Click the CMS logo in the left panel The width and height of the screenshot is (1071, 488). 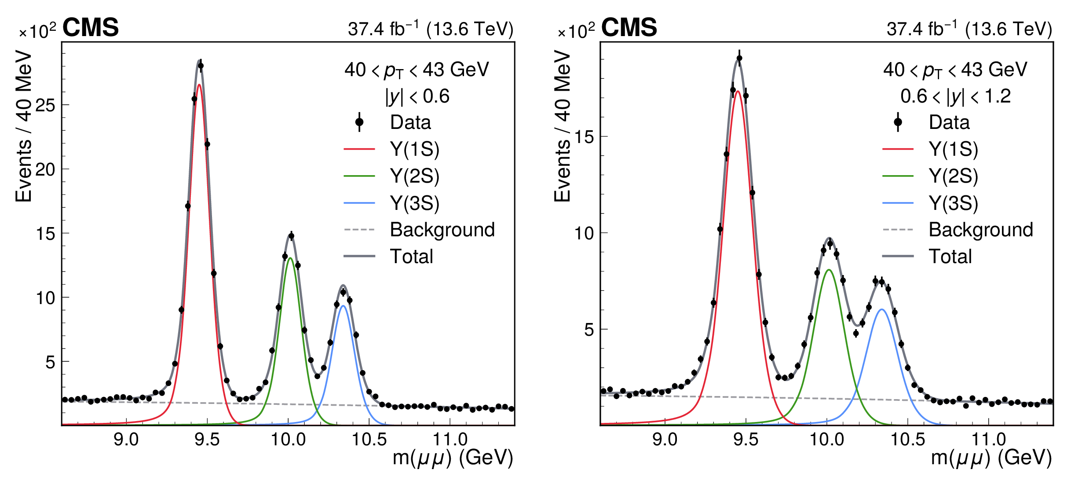click(x=91, y=27)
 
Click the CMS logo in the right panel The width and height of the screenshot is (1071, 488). click(x=629, y=27)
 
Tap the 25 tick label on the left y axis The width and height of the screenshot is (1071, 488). click(x=45, y=105)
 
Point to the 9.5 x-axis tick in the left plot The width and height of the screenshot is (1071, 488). click(x=207, y=439)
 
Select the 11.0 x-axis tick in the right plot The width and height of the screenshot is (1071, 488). click(x=988, y=439)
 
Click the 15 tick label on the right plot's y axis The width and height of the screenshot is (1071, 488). click(x=584, y=137)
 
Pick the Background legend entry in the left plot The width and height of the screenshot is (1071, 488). click(x=442, y=230)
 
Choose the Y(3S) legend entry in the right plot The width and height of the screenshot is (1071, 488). click(x=953, y=203)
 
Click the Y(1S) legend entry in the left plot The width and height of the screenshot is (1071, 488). click(x=414, y=149)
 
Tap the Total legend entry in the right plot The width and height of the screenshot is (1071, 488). click(x=950, y=257)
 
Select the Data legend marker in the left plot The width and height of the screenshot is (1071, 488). click(x=359, y=122)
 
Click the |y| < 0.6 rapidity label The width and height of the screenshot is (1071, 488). click(x=417, y=96)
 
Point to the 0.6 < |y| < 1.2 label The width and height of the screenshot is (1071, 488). click(x=955, y=96)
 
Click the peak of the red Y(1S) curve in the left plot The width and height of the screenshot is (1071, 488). click(x=199, y=85)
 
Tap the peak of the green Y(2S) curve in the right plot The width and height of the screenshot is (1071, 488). click(x=829, y=270)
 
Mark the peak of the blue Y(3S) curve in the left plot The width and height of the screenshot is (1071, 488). click(x=343, y=306)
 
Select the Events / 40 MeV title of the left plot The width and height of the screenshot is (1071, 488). click(x=24, y=126)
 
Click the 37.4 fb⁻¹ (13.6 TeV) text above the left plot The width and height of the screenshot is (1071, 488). click(x=430, y=29)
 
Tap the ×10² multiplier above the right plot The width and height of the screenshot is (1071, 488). click(x=576, y=31)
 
